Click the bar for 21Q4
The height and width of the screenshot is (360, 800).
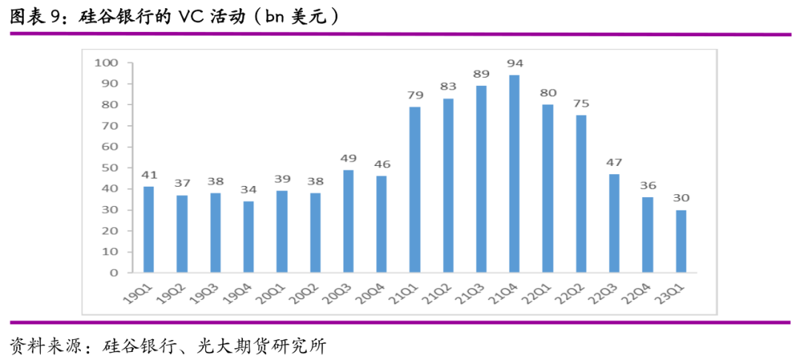click(514, 174)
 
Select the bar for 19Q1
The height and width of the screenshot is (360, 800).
click(148, 230)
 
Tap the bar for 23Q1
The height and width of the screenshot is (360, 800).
click(681, 241)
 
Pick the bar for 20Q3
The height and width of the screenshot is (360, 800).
click(348, 221)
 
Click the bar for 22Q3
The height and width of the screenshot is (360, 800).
click(614, 224)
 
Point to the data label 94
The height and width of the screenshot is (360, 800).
click(514, 63)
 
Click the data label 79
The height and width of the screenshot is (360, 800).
click(415, 95)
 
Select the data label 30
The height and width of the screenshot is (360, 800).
click(681, 198)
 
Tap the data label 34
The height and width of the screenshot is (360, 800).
click(248, 189)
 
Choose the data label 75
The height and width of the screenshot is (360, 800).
click(581, 103)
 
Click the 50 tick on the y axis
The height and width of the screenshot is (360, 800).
click(110, 167)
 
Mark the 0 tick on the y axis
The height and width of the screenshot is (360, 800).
click(114, 273)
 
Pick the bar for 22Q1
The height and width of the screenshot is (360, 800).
click(547, 188)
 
